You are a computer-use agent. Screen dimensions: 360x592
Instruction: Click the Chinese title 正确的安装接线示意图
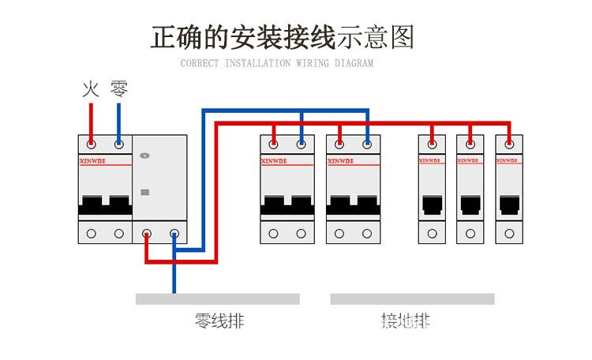[282, 37]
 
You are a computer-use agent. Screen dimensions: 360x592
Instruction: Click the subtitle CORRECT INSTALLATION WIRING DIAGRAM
[277, 63]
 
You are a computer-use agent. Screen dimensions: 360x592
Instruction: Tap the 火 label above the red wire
[91, 88]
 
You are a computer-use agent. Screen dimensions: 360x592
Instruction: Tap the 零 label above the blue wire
[118, 88]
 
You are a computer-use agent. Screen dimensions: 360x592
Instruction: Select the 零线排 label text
[219, 321]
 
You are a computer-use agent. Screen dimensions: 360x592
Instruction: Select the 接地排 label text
[406, 321]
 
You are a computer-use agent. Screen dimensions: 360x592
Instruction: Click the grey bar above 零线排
[217, 299]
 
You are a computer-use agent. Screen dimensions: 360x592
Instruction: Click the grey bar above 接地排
[412, 299]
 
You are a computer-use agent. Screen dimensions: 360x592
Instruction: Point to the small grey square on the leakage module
[144, 192]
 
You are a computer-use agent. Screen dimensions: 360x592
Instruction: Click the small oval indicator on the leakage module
[144, 156]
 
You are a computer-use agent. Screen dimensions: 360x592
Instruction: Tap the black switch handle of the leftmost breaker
[104, 206]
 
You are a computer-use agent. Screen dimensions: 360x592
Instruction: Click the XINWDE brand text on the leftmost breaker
[93, 162]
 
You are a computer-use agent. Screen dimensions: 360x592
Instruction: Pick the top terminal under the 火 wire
[92, 144]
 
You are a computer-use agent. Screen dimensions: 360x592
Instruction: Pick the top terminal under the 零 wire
[118, 144]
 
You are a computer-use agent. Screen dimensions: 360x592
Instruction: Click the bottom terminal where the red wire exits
[147, 234]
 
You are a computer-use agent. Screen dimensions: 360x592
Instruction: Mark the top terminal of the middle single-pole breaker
[470, 144]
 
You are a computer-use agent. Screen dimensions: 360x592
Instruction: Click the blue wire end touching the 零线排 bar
[174, 291]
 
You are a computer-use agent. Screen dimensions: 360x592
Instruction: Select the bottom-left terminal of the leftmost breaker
[92, 234]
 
